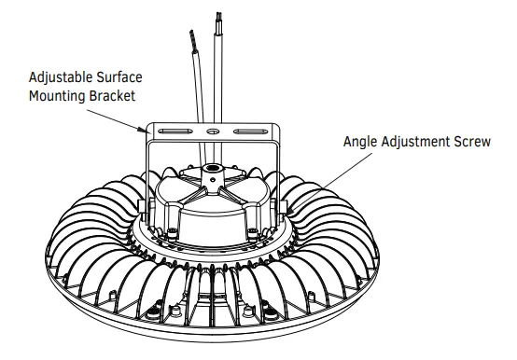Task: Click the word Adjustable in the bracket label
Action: pos(61,76)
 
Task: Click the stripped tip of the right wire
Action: pos(219,19)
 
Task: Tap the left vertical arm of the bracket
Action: pos(148,173)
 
